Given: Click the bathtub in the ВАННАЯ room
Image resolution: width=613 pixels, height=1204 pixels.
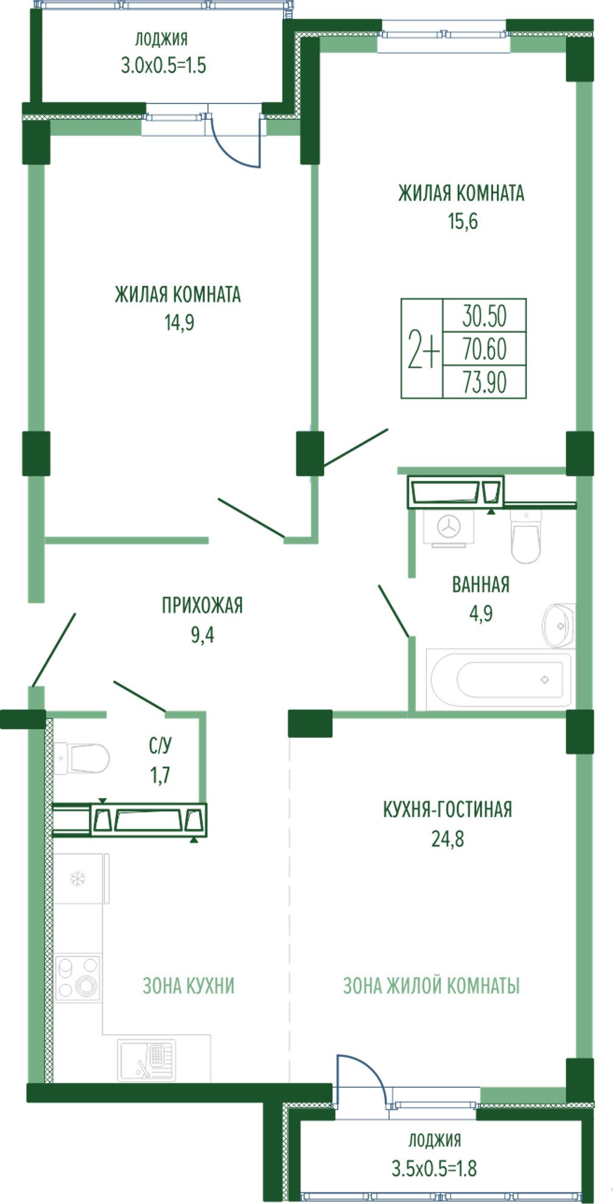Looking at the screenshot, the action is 499,679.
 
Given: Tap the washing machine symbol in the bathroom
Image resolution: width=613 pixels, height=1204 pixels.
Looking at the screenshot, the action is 449,527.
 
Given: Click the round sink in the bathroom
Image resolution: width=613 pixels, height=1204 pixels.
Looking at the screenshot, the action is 558,625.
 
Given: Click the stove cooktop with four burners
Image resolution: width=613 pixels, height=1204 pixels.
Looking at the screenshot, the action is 77,978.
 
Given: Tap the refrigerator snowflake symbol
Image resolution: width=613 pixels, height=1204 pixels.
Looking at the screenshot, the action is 77,878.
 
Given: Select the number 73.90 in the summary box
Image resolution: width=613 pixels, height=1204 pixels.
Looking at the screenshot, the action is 485,382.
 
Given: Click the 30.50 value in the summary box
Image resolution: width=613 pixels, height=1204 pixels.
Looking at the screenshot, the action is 485,316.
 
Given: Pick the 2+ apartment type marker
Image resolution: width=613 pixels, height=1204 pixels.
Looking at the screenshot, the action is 423,350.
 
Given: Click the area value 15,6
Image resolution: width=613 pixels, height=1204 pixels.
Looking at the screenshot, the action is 463,221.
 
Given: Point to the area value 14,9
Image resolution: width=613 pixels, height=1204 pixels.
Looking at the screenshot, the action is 179,323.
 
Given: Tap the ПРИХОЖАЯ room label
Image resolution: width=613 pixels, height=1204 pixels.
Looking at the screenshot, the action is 202,606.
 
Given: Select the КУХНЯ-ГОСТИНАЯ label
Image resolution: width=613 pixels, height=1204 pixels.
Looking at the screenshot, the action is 448,810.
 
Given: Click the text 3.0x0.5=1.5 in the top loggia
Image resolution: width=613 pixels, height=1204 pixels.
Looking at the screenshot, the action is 164,65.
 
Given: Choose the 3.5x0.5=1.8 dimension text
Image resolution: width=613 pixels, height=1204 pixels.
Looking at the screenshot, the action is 434,1168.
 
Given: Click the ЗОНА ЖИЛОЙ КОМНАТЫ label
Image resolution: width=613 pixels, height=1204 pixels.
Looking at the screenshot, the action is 431,985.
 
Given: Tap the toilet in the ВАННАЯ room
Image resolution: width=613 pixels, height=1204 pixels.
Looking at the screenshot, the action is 526,536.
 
